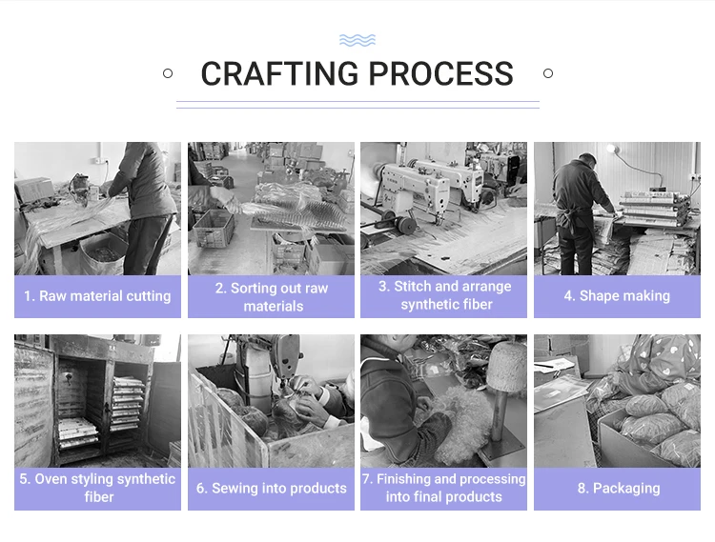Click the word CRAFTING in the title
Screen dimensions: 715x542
coord(279,73)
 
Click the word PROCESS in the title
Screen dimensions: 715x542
coord(441,73)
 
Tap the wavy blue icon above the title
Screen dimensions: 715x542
coord(357,41)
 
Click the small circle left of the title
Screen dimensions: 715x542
coord(168,73)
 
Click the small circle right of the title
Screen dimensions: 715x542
coord(548,73)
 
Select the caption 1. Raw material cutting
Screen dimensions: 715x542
coord(97,296)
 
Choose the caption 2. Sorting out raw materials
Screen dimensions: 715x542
coord(272,297)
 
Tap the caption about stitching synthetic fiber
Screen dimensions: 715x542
coord(444,295)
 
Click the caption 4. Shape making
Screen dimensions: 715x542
coord(617,296)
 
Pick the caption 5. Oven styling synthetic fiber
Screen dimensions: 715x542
coord(97,488)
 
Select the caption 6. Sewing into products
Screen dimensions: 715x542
coord(272,489)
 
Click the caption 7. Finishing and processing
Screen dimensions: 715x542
coord(443,488)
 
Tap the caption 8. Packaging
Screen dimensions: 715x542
coord(619,489)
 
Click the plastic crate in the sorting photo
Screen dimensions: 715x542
coord(214,229)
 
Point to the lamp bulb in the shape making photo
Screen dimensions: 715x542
coord(610,148)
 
